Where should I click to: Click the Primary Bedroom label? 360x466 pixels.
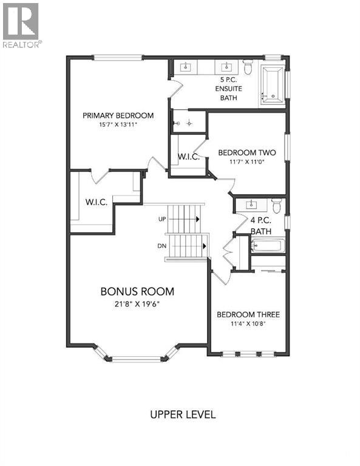pos(118,115)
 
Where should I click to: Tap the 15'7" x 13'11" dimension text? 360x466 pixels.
pos(118,125)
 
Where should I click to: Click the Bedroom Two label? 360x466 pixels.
pos(247,152)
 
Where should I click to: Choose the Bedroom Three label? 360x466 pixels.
pos(248,314)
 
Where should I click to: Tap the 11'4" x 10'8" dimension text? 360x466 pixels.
pos(248,324)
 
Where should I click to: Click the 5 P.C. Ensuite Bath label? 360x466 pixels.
pos(229,89)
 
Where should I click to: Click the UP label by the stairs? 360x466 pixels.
pos(162,218)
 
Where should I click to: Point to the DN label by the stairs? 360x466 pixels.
pos(162,246)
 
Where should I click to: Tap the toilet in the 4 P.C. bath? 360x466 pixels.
pos(277,206)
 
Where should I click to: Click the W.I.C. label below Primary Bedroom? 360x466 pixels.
pos(97,203)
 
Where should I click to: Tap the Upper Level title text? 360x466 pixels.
pos(183,415)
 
